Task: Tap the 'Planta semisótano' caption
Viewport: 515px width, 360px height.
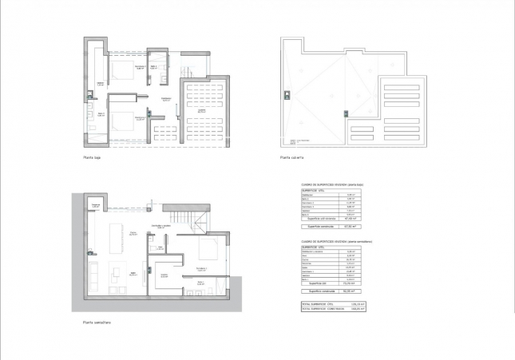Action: pyautogui.click(x=97, y=323)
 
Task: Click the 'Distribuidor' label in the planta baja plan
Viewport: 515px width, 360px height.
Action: pyautogui.click(x=166, y=100)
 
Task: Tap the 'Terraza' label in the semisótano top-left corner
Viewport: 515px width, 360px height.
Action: pyautogui.click(x=96, y=205)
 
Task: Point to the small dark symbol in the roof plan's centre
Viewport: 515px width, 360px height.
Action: pyautogui.click(x=345, y=112)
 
